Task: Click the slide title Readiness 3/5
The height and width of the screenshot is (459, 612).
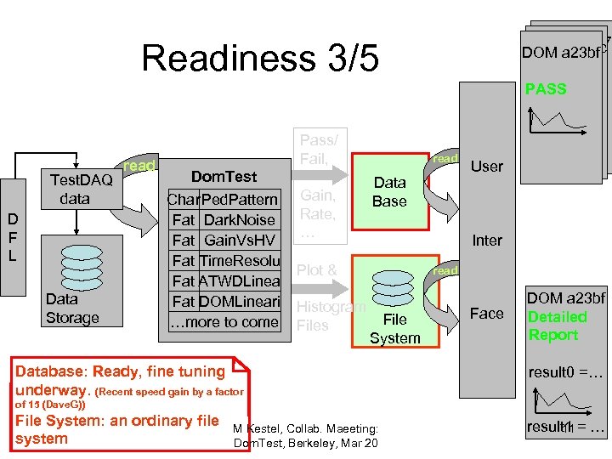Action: click(x=259, y=59)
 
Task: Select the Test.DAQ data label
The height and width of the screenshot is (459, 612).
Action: click(x=81, y=189)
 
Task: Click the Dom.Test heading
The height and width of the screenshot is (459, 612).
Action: click(x=224, y=177)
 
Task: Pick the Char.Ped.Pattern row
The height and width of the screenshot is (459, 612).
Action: click(x=223, y=200)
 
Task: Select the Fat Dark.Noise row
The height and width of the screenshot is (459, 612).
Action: click(x=223, y=220)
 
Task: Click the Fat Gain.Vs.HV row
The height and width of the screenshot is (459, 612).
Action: click(x=223, y=241)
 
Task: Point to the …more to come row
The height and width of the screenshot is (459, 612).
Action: click(x=224, y=322)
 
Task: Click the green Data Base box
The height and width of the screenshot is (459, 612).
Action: click(x=389, y=192)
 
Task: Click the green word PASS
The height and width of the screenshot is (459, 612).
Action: click(x=546, y=89)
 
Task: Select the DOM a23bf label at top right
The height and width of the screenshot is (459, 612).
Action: click(x=562, y=53)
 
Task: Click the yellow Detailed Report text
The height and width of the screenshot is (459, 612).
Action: click(x=558, y=326)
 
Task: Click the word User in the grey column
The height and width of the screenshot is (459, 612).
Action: click(x=487, y=167)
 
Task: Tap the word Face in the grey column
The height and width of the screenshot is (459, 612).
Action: click(x=487, y=314)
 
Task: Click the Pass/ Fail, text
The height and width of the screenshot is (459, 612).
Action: click(x=319, y=149)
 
